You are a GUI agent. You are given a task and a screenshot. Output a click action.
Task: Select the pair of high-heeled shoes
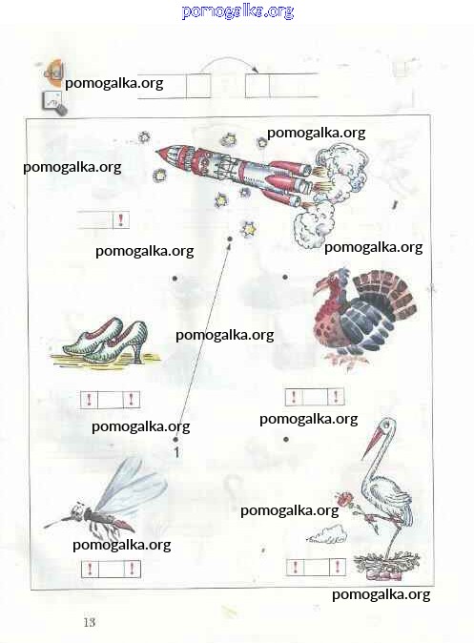(x=105, y=340)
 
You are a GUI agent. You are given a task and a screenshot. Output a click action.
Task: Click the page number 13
(x=90, y=622)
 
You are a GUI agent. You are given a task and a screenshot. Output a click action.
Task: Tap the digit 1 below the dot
(x=176, y=453)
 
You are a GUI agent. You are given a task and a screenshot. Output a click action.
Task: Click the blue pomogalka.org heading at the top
(x=237, y=11)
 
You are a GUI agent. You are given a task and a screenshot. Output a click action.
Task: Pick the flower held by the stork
(x=344, y=499)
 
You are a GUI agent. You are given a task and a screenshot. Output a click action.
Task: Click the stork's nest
(x=386, y=565)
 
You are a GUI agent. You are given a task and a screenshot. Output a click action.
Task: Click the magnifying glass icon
(x=54, y=103)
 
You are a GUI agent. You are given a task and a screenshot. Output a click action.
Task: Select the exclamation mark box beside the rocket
(x=121, y=219)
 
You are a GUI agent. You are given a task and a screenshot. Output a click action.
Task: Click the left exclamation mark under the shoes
(x=90, y=400)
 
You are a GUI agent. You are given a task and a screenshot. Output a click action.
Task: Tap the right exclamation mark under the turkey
(x=336, y=397)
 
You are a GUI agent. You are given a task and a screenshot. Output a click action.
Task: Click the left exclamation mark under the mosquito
(x=90, y=569)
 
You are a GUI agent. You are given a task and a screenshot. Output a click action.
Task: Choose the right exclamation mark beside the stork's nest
(x=338, y=567)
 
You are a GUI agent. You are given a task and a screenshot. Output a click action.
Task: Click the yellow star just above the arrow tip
(x=249, y=229)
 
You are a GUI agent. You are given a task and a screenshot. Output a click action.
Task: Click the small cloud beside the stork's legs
(x=328, y=535)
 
